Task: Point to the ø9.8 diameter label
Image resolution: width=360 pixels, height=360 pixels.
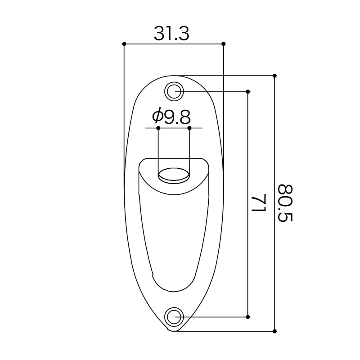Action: (171, 117)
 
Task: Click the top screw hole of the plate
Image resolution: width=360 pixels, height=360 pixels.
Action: (174, 91)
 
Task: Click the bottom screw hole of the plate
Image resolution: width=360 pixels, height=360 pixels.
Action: (174, 316)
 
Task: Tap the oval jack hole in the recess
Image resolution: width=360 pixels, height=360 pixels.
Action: (173, 175)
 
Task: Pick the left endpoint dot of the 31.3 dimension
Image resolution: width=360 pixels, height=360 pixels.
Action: (124, 44)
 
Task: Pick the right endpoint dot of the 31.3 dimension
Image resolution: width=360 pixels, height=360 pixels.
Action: (224, 44)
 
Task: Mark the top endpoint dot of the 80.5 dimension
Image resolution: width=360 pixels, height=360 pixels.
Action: (274, 76)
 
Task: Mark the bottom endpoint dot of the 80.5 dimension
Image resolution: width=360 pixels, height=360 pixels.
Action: (274, 331)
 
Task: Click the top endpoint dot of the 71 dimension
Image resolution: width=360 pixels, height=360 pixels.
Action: (248, 91)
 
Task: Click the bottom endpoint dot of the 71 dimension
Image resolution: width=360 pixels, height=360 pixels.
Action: (248, 317)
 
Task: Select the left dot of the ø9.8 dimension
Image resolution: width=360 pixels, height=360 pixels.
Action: (158, 128)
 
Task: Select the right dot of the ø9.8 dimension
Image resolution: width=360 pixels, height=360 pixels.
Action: (189, 128)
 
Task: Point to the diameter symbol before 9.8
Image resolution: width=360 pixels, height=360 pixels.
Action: (157, 117)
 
